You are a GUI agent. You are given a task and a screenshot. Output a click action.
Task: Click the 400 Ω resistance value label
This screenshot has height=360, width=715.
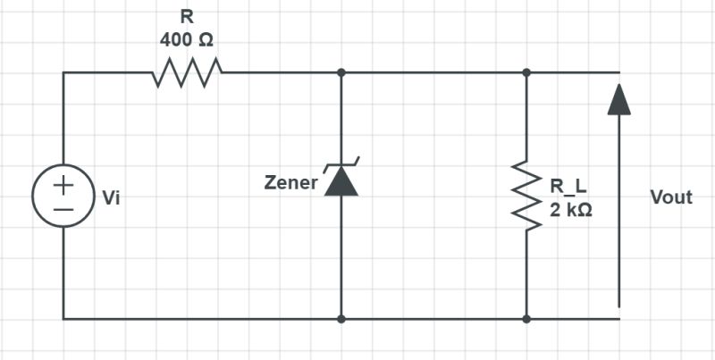[x=187, y=40]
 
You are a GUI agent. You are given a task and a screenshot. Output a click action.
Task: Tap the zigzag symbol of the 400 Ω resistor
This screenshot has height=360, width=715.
[x=187, y=73]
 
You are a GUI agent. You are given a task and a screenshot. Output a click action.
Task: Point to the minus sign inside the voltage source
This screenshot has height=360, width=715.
[x=63, y=207]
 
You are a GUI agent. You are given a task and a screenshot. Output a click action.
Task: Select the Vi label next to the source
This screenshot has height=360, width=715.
[x=111, y=197]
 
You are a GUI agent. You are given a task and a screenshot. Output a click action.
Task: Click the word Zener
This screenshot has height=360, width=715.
[x=290, y=183]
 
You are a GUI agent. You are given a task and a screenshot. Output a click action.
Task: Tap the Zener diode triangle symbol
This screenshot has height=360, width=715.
[x=341, y=182]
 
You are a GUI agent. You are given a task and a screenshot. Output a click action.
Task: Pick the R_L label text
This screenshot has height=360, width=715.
[x=569, y=188]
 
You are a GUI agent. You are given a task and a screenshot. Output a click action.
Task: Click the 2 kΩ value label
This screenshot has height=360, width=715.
[x=571, y=211]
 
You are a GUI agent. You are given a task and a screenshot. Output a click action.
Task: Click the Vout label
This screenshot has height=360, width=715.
[x=671, y=197]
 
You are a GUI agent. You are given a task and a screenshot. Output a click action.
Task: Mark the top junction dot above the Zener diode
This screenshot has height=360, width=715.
[x=341, y=73]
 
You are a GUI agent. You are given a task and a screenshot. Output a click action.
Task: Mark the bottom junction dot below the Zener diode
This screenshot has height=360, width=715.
[x=341, y=318]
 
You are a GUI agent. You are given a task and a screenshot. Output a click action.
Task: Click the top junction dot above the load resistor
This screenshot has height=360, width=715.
[x=526, y=73]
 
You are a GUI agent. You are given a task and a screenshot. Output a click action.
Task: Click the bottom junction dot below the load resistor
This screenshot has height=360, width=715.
[x=526, y=318]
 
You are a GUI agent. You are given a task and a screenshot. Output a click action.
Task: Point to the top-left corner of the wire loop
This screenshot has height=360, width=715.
[x=63, y=73]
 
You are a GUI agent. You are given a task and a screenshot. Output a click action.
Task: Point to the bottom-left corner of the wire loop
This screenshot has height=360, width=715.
[x=63, y=318]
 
